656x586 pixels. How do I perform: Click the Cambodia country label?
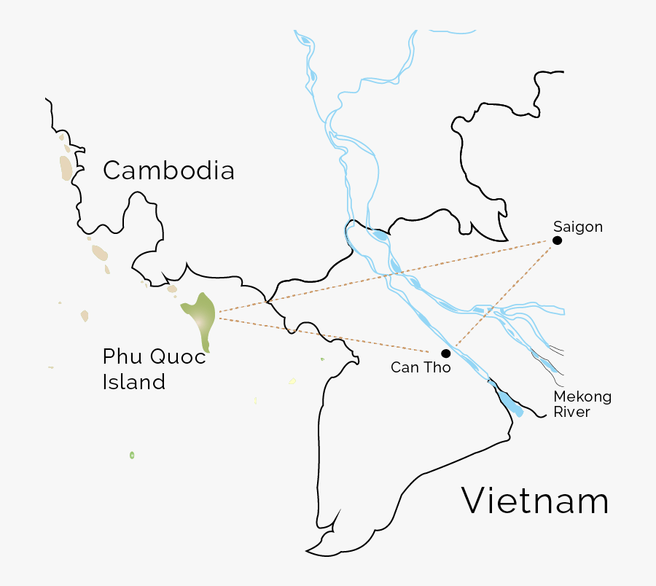point(168,171)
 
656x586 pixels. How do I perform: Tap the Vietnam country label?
point(535,501)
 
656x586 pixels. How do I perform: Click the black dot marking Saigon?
point(557,241)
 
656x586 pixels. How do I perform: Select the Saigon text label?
point(578,227)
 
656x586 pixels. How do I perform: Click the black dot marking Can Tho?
point(445,353)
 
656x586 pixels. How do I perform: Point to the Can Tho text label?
point(421,368)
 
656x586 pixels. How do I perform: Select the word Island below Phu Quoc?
point(133,381)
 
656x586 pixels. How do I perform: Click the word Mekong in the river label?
point(582,397)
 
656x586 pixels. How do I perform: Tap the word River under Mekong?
point(572,413)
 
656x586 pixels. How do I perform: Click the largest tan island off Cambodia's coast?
point(66,168)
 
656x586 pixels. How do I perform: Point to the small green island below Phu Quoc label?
point(132,455)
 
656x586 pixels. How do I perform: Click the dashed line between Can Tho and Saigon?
point(503,295)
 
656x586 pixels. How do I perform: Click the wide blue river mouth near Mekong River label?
point(510,401)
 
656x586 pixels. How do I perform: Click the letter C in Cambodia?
point(112,171)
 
